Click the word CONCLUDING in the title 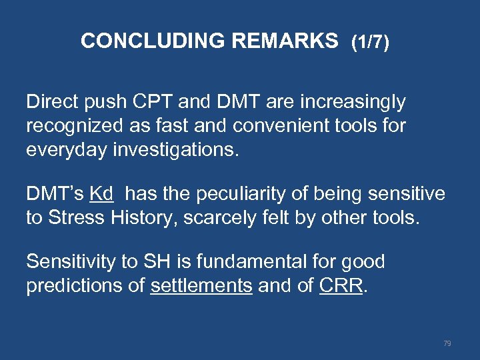point(153,41)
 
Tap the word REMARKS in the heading point(285,41)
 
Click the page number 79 point(447,343)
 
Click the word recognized point(71,124)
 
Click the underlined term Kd point(101,194)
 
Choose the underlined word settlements point(201,285)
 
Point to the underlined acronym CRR point(342,285)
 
